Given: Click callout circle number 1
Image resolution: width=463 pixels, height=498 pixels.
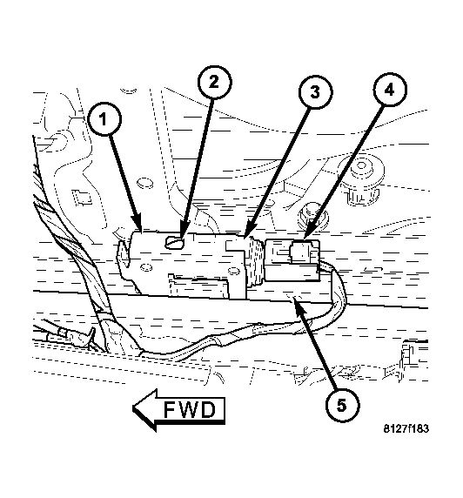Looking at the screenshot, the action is (104, 119).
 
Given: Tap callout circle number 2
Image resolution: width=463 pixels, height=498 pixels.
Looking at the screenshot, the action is (214, 82).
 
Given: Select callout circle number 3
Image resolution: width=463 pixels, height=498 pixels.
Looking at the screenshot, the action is (315, 92).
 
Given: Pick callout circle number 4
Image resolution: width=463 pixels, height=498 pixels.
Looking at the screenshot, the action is (389, 90).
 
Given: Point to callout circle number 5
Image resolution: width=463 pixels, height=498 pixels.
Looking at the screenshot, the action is (342, 405).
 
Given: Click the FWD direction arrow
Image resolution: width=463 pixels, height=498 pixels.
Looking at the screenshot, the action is (178, 410).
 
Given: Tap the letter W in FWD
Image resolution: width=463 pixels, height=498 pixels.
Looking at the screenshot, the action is (191, 410).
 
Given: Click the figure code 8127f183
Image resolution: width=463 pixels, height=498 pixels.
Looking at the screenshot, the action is (406, 428).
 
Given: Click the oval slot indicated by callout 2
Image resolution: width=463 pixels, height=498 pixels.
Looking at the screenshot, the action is (174, 243).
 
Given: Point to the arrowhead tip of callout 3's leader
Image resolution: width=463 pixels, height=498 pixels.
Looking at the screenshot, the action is (245, 238).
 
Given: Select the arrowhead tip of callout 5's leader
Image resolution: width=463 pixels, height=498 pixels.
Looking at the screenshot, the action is (295, 301).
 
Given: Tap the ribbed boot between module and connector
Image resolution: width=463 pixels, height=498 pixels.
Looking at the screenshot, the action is (255, 259).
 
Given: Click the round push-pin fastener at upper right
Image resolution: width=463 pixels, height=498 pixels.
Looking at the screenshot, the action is (361, 178).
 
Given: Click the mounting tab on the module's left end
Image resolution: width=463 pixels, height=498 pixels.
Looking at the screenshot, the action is (124, 255).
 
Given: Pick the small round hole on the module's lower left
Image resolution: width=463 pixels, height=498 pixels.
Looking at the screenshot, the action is (146, 267).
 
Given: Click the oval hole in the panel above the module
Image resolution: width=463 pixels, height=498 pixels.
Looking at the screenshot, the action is (145, 183).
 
